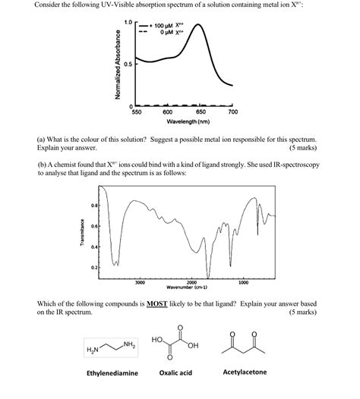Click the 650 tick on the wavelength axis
tap(201, 112)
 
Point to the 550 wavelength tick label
tap(137, 112)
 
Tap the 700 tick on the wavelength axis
tap(232, 112)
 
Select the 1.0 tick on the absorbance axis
tap(128, 22)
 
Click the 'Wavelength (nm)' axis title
tap(184, 121)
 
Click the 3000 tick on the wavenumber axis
tap(140, 282)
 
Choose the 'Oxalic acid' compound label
tap(175, 372)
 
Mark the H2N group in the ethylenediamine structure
tap(93, 348)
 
